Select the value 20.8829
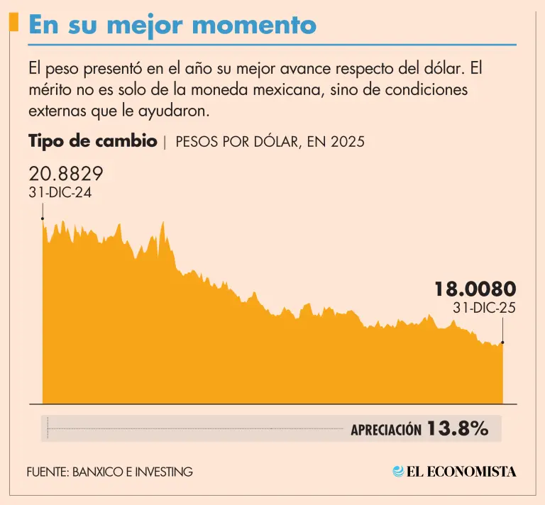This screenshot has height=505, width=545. [66, 174]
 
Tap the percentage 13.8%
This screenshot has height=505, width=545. [458, 428]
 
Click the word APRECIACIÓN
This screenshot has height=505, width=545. [385, 430]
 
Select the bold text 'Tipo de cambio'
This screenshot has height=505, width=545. [93, 140]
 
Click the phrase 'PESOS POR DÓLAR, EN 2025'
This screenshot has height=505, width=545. [270, 142]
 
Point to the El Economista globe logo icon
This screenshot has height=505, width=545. [399, 471]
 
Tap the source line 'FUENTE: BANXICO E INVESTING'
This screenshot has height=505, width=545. [110, 472]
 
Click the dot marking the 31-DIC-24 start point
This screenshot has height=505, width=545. [43, 219]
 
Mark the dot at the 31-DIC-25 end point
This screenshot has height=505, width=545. [503, 343]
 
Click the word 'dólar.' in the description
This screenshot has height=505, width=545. [441, 70]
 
